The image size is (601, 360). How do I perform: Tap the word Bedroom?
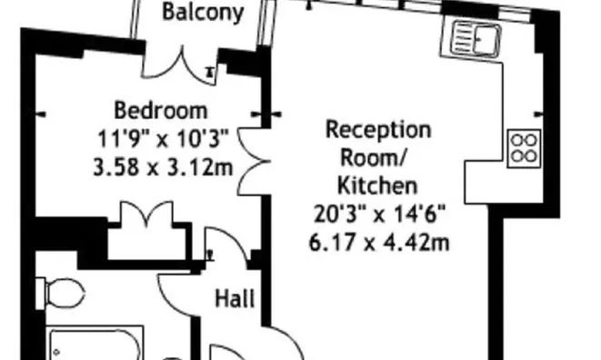click(x=160, y=112)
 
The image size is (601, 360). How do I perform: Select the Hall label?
click(x=235, y=298)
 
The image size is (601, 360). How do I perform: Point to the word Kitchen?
click(x=377, y=186)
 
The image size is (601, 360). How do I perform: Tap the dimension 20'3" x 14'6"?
click(x=378, y=215)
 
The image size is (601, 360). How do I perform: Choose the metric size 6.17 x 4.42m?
click(x=378, y=243)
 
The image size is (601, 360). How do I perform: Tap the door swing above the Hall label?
click(x=222, y=248)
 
